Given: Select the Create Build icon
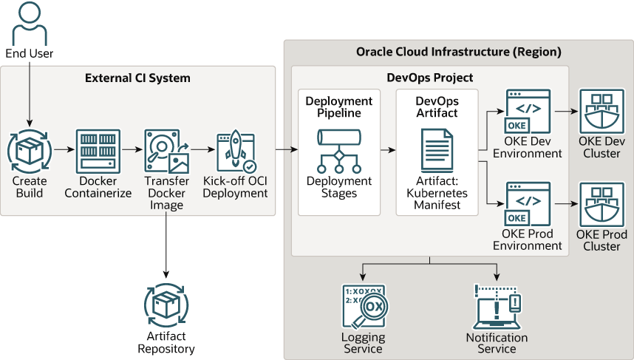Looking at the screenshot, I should click(30, 151).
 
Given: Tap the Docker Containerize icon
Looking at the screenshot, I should click(98, 151).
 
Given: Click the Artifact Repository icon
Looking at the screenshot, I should click(166, 305).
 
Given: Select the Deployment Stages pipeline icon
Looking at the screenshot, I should click(339, 151).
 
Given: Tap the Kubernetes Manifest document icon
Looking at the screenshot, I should click(437, 151).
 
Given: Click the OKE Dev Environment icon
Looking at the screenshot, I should click(528, 112).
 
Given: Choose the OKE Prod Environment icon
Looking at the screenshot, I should click(528, 204).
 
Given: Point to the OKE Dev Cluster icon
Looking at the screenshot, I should click(601, 112).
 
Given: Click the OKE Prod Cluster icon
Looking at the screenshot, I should click(601, 204).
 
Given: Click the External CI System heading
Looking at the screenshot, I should click(137, 78).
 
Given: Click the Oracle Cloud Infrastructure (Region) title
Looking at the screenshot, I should click(458, 52).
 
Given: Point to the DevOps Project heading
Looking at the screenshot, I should click(430, 78).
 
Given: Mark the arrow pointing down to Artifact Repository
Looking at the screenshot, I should click(166, 244).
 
